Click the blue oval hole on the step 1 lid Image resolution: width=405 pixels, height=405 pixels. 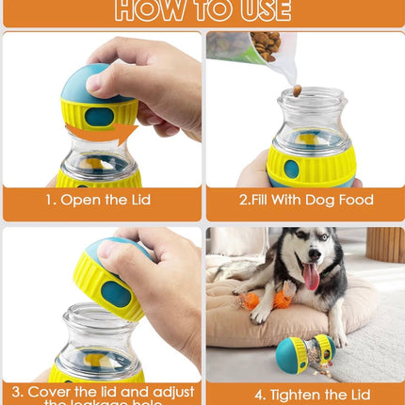[99, 117]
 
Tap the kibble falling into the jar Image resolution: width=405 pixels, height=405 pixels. [296, 90]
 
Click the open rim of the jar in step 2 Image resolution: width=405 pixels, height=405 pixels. [312, 97]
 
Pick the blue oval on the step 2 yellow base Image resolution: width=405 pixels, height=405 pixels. [291, 169]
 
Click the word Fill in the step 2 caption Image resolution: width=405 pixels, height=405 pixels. [255, 200]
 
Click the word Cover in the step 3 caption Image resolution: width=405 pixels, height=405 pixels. [54, 390]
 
